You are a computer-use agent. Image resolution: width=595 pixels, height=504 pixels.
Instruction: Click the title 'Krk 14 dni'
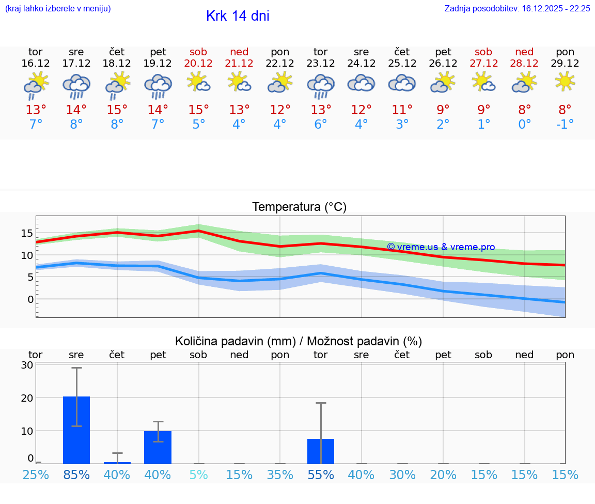[238, 16]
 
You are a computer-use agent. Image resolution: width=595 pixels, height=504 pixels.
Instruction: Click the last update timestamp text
[517, 9]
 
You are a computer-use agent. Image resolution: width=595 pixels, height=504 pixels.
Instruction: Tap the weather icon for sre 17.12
[76, 86]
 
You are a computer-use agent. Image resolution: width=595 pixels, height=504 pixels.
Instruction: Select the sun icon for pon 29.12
[565, 81]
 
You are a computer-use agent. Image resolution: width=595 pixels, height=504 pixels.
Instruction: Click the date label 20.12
[198, 64]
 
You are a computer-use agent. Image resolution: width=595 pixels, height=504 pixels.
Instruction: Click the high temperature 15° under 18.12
[117, 110]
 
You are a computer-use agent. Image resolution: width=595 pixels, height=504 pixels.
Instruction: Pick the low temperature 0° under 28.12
[525, 124]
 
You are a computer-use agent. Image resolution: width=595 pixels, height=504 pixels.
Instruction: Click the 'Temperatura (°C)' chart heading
[299, 207]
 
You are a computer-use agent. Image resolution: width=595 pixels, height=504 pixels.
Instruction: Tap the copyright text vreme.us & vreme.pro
[441, 247]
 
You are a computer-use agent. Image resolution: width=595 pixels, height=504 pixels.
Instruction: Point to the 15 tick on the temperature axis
[27, 233]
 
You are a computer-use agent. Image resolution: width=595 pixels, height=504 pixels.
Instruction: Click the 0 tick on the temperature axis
[30, 299]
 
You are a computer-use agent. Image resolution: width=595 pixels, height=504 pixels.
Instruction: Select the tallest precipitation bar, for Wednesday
[76, 430]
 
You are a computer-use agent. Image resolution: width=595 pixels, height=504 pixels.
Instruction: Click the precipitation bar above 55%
[321, 451]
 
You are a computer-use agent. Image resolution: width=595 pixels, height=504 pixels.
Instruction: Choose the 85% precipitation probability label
[76, 475]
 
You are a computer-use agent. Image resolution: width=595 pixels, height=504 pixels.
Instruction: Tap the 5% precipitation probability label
[198, 475]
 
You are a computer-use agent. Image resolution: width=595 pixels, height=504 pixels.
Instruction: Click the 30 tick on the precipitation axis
[27, 365]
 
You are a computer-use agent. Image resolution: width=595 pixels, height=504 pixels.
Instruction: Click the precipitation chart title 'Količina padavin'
[299, 341]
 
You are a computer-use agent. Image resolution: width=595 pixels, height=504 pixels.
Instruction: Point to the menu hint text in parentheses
[58, 9]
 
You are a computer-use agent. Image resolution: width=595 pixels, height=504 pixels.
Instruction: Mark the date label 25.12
[402, 64]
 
